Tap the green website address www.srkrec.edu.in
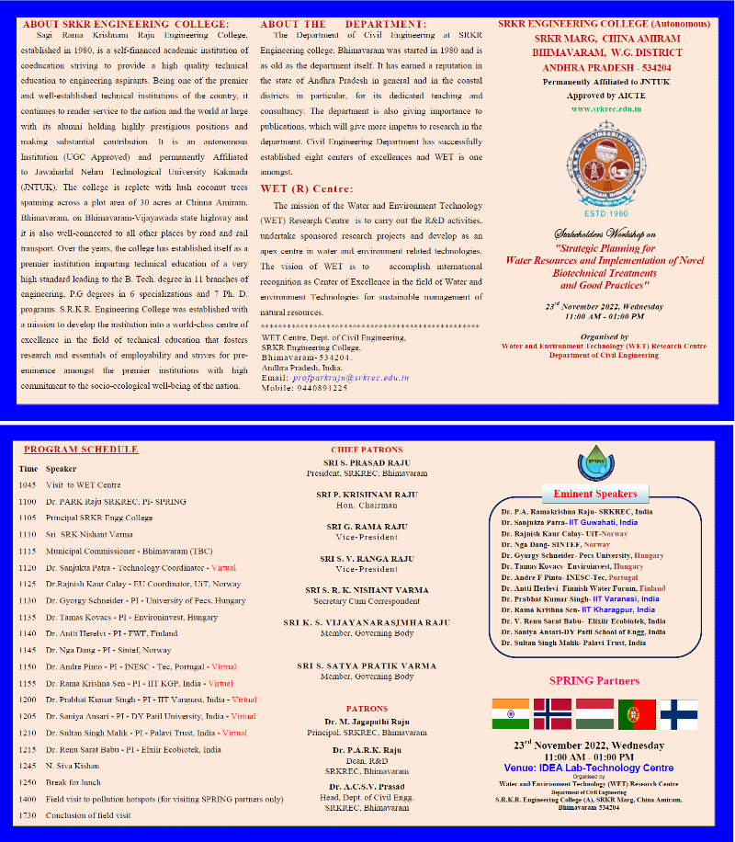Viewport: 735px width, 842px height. coord(606,108)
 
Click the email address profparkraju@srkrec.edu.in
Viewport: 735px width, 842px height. coord(349,378)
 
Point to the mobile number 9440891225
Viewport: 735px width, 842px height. coord(319,388)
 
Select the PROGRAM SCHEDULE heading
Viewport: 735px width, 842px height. coord(81,449)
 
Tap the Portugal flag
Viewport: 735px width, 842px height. coord(637,714)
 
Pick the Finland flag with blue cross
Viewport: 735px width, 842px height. coord(679,714)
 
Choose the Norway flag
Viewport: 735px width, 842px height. coord(552,714)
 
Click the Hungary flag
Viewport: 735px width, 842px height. coord(594,714)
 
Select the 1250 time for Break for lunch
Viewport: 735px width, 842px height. coord(28,781)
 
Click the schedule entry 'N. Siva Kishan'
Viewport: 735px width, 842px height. coord(72,766)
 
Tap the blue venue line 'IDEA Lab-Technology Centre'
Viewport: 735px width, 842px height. coord(589,768)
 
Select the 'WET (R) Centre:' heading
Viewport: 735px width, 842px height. coord(307,188)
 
